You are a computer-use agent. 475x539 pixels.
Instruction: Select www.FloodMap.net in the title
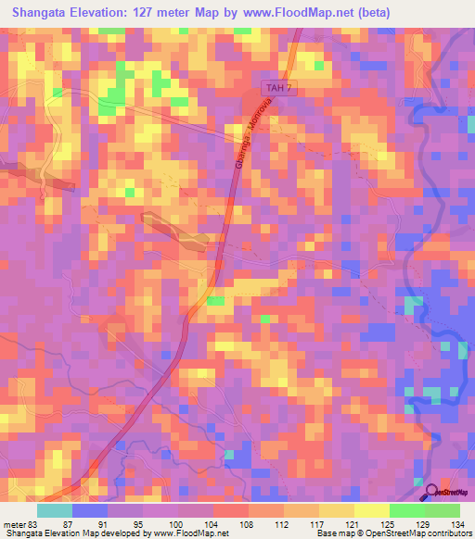click(x=299, y=13)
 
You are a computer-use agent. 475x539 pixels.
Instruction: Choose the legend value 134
click(x=459, y=523)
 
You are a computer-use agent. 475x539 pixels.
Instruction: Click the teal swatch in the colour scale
click(x=55, y=510)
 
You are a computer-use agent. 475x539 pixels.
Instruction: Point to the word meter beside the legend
click(x=12, y=523)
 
